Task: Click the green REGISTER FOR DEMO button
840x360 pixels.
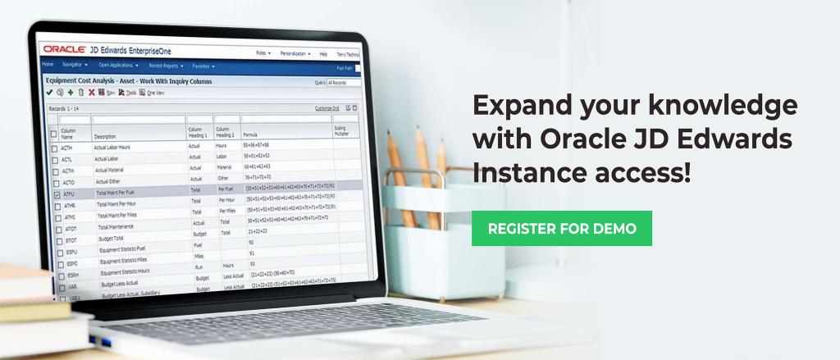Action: [562, 228]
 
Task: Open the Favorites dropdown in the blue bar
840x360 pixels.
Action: [203, 66]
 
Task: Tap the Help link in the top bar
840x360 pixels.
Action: [323, 54]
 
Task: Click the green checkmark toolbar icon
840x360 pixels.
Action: [49, 92]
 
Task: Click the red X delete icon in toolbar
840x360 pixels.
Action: [91, 93]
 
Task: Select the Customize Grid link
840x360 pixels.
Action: [327, 108]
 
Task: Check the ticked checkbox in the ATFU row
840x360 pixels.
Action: [56, 195]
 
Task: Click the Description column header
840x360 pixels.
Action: [105, 137]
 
